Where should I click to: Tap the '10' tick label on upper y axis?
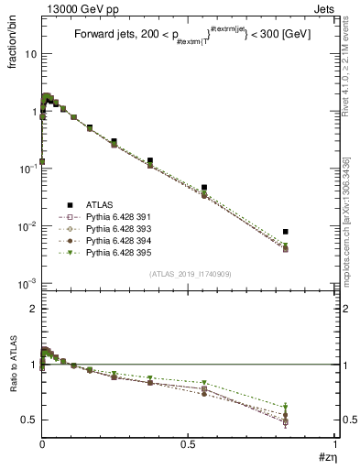(29, 54)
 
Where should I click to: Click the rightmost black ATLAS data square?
(286, 232)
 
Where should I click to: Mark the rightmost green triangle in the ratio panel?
(286, 407)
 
